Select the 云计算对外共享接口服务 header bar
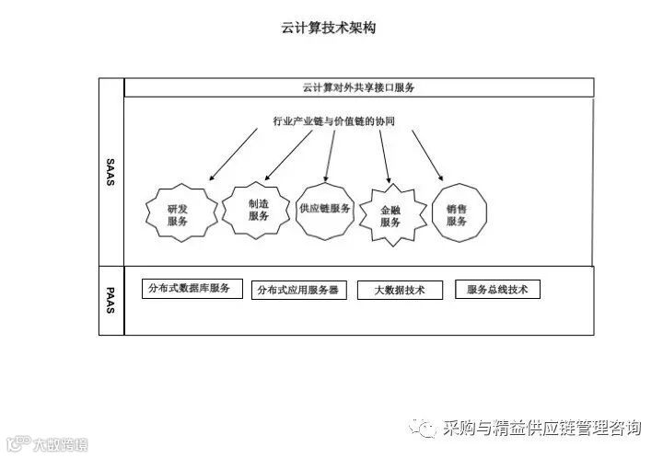(x=357, y=87)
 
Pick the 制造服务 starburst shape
(x=259, y=210)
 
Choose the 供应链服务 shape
(x=325, y=209)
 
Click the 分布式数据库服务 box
(x=192, y=288)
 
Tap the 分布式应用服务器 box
(x=297, y=290)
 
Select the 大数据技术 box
(x=400, y=290)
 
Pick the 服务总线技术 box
(x=497, y=290)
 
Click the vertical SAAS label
(x=110, y=172)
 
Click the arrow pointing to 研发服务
(x=233, y=153)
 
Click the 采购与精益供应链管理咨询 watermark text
(x=541, y=429)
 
